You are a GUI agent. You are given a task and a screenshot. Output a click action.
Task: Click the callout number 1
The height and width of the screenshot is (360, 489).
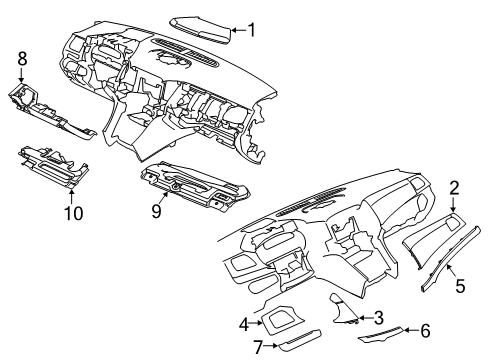point(251,30)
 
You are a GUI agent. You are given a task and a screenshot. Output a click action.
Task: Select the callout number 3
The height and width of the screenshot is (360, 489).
point(379,318)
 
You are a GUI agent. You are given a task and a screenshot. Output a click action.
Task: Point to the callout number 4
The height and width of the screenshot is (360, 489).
point(243,323)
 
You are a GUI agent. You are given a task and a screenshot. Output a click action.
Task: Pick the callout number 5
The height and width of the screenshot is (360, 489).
point(461,285)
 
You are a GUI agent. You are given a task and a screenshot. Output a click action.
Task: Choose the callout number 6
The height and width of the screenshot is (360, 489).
point(424,329)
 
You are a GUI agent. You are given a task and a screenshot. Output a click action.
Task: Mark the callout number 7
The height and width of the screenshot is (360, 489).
point(258,346)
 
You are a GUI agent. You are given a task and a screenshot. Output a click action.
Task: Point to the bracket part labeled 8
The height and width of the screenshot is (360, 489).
point(50,111)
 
